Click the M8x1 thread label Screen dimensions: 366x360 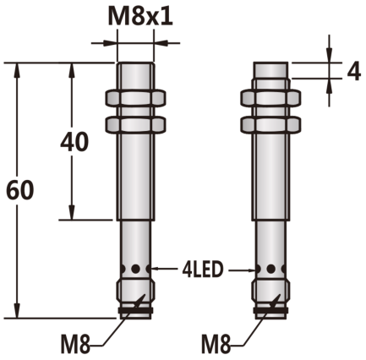point(140,17)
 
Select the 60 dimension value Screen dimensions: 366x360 point(19,190)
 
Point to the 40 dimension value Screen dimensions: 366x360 point(74,142)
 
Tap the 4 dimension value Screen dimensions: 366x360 point(353,71)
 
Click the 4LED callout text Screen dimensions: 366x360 point(203,270)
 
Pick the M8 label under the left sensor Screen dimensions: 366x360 point(75,344)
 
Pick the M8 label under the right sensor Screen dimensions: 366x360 point(216,344)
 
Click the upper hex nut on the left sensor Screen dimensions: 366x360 point(135,98)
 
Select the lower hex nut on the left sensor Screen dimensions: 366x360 point(135,124)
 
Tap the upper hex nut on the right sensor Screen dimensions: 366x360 point(270,98)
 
